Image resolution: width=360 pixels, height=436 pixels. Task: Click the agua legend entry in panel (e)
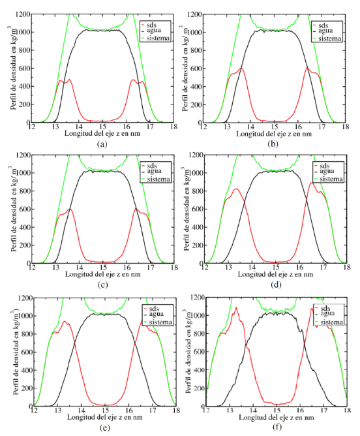pyautogui.click(x=157, y=314)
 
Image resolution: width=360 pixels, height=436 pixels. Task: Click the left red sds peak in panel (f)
pyautogui.click(x=236, y=307)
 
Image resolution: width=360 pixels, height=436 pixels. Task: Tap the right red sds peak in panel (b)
pyautogui.click(x=307, y=69)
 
